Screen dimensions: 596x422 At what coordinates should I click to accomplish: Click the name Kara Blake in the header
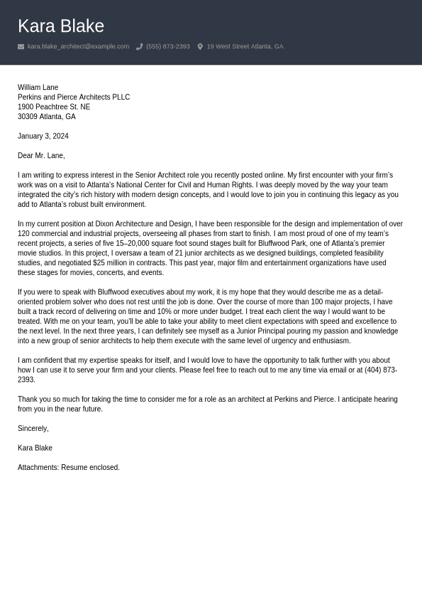click(61, 26)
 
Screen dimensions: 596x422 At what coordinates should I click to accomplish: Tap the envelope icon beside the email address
click(21, 47)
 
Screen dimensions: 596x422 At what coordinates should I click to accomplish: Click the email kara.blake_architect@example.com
click(78, 47)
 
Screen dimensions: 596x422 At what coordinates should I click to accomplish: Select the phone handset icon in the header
click(140, 47)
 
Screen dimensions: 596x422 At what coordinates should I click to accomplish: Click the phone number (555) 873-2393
click(168, 47)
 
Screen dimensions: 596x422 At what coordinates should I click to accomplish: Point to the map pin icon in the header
click(200, 47)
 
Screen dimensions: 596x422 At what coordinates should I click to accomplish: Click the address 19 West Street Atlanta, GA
click(245, 47)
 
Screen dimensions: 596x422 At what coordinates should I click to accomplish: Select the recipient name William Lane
click(38, 87)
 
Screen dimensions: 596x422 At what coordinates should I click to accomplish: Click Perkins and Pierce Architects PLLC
click(74, 97)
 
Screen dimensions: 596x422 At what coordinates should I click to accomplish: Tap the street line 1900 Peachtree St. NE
click(54, 107)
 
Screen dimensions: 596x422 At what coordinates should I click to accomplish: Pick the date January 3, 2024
click(43, 136)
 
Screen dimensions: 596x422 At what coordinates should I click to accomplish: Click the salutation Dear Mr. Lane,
click(41, 155)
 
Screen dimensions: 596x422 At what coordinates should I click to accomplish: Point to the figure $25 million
click(109, 263)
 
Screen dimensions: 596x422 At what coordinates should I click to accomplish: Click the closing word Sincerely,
click(33, 429)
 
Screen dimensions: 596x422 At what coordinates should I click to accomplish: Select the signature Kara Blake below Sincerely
click(35, 448)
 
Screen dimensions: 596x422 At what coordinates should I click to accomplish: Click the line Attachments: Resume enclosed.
click(69, 468)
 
